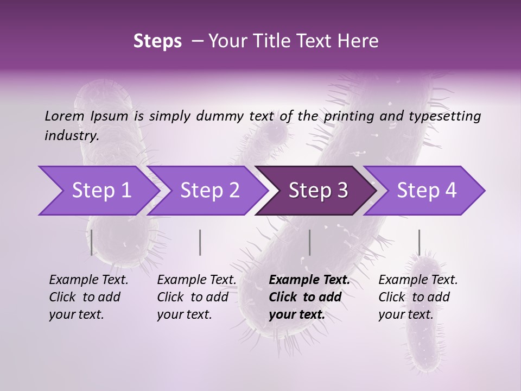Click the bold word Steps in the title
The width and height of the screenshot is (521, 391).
[157, 41]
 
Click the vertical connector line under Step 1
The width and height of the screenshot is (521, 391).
[92, 242]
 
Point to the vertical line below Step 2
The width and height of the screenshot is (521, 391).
[200, 242]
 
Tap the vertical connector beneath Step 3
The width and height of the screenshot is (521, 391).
[309, 242]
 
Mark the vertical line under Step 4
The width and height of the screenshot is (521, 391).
[419, 242]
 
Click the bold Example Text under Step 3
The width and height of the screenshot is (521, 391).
[309, 297]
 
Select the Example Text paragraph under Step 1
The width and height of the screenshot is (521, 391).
[88, 297]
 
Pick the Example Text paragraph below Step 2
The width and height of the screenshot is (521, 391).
[196, 297]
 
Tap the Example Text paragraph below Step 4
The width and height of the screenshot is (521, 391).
[418, 297]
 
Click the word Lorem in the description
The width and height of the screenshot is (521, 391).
[65, 116]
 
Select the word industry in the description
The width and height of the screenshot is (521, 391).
[71, 136]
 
